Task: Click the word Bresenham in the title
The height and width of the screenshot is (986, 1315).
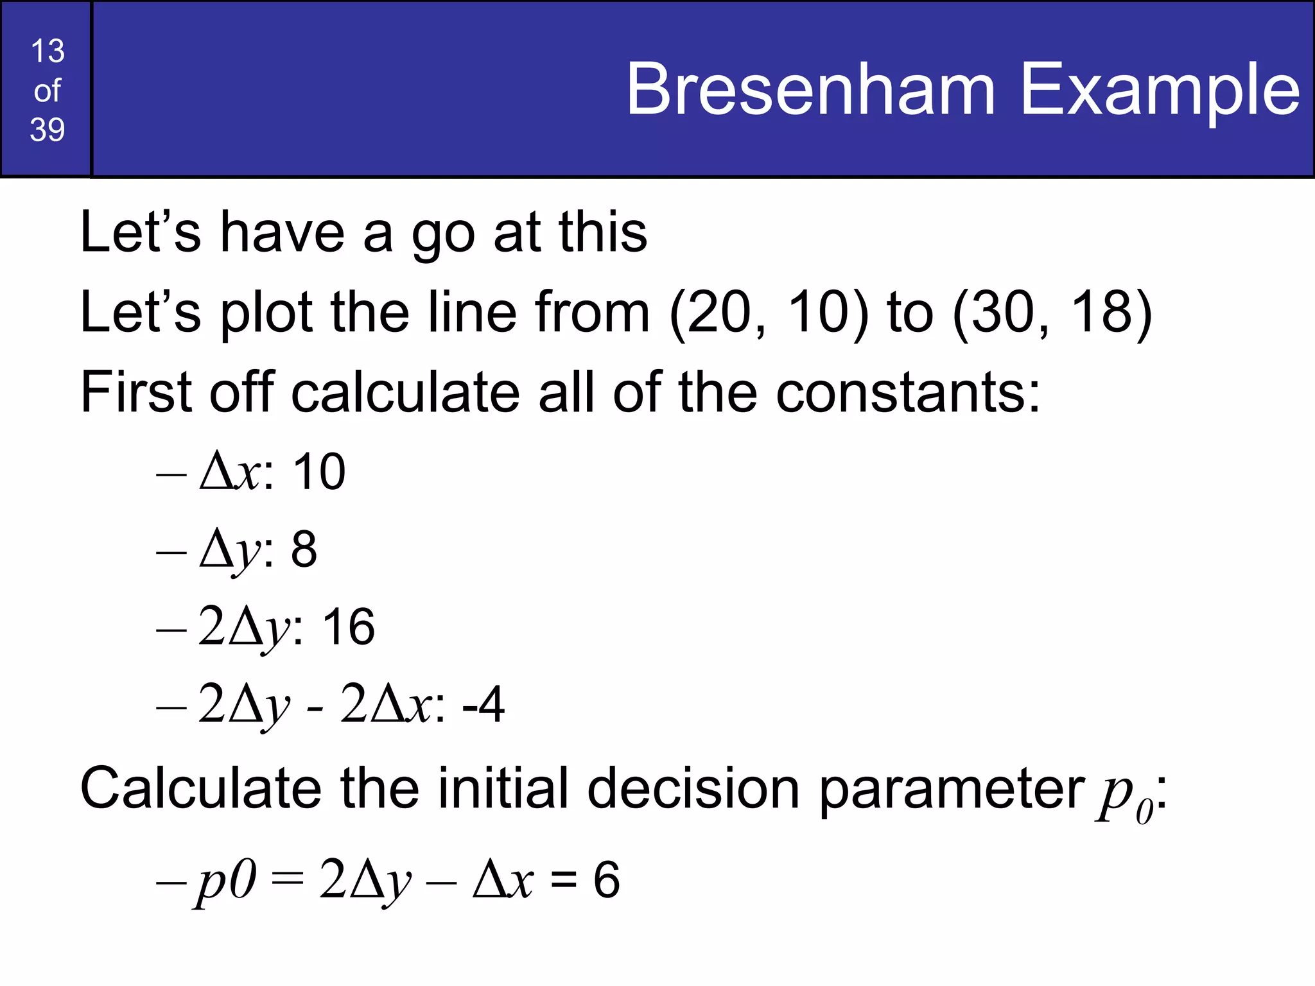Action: (811, 89)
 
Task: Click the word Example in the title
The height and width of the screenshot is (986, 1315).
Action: (1160, 89)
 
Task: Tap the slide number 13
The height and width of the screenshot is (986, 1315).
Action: (48, 51)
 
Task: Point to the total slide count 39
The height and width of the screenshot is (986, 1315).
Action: (48, 130)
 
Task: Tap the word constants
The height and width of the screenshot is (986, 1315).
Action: (907, 392)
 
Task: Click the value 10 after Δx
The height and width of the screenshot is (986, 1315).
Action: (319, 472)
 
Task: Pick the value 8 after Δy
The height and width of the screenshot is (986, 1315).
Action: (304, 549)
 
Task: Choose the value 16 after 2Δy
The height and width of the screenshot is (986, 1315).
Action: (348, 627)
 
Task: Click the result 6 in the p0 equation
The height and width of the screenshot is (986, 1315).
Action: (606, 879)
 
